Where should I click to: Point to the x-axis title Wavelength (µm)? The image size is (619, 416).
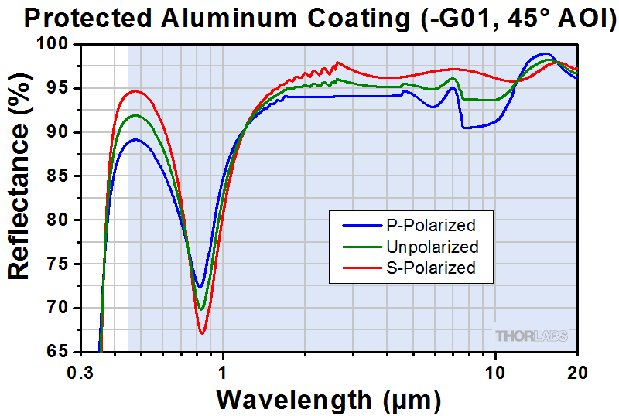pos(329,399)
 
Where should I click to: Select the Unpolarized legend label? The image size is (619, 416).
pos(430,247)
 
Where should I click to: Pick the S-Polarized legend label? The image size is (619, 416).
pos(430,268)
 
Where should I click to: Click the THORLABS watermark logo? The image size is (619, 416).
pos(532,336)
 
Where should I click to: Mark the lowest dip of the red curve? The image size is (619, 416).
pos(203,333)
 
